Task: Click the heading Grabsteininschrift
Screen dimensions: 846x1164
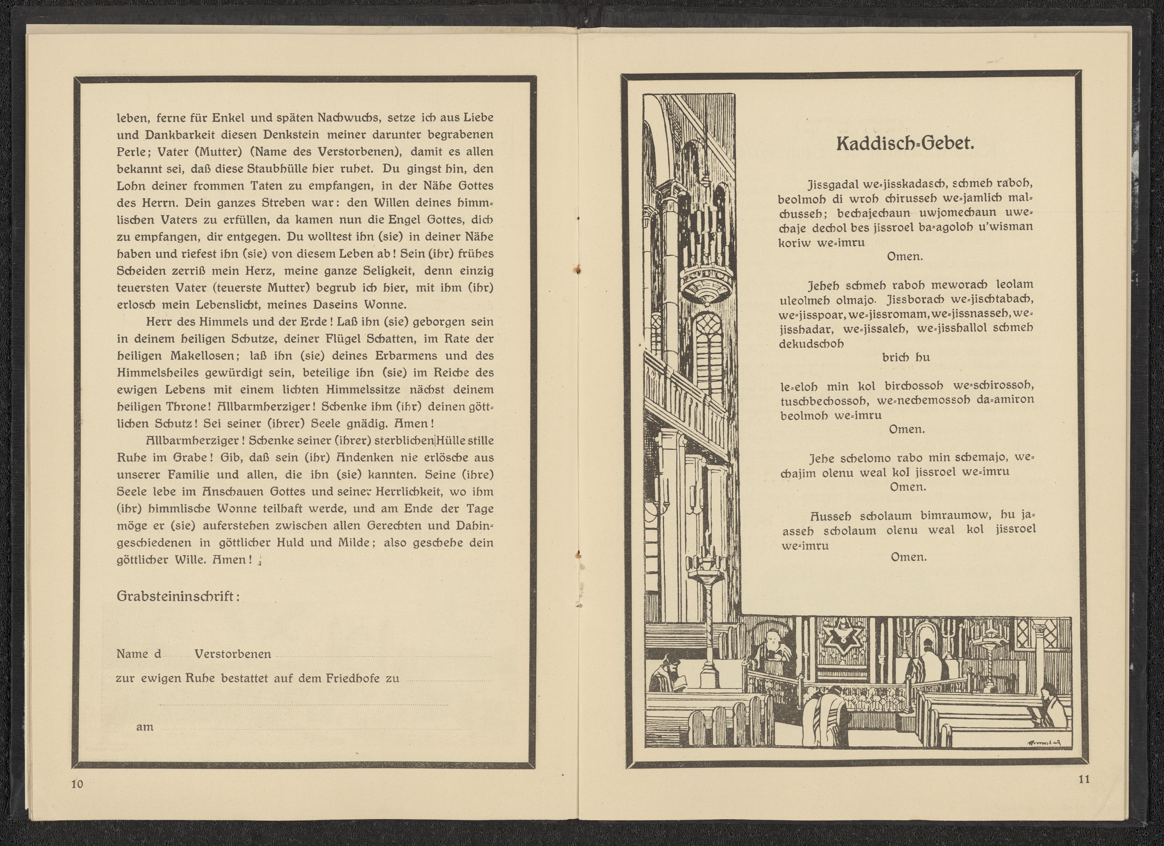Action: click(178, 596)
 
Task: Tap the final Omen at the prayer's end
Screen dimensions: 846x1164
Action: click(909, 557)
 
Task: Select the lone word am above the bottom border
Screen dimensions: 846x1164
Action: click(145, 727)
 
